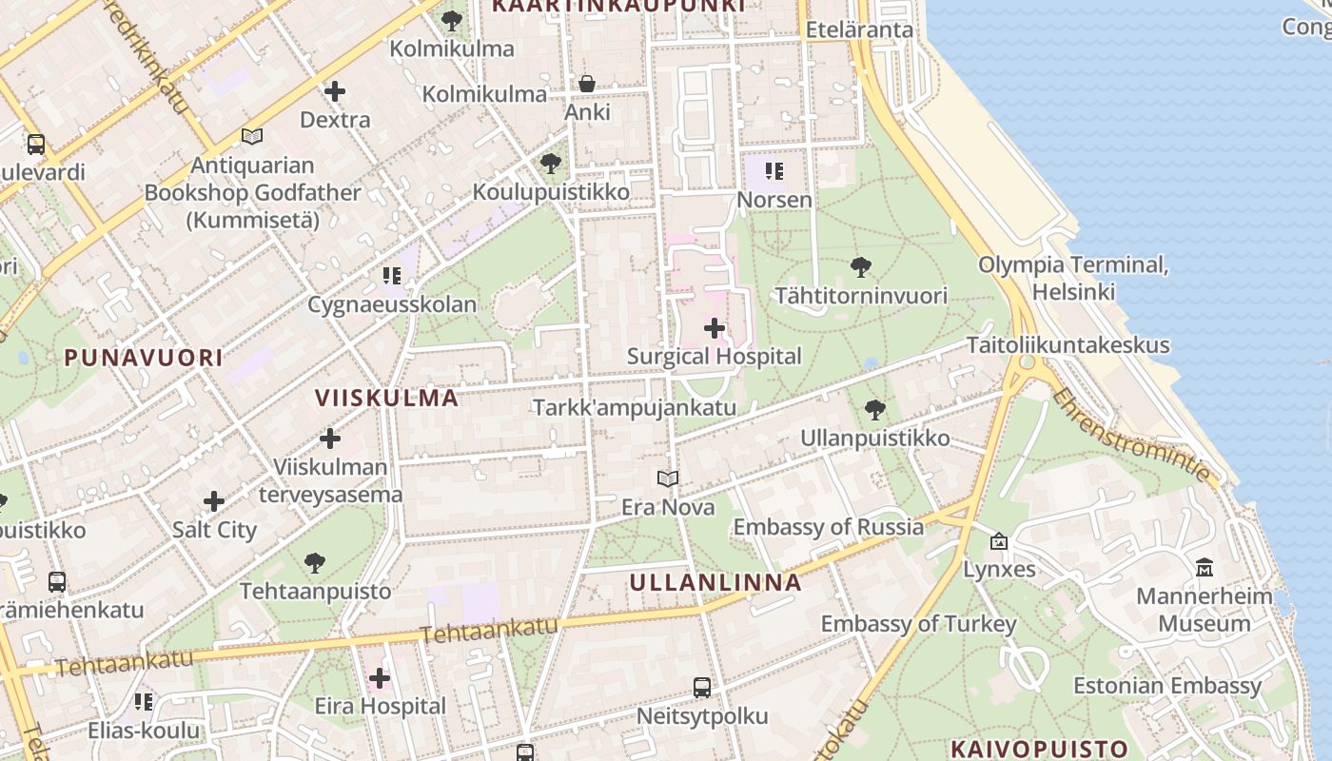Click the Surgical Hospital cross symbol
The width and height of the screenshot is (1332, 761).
pos(715,328)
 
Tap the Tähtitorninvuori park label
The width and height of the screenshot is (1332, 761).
pos(861,296)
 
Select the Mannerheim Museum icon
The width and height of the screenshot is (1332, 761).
pos(1205,568)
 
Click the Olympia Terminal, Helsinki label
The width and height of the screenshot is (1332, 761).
pos(1073,278)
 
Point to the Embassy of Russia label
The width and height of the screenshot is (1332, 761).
pos(828,527)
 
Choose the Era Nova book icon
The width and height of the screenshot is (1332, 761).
pos(668,478)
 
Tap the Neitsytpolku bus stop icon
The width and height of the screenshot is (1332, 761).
pos(702,687)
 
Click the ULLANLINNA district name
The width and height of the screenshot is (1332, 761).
pos(715,582)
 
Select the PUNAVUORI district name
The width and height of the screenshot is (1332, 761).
pos(144,358)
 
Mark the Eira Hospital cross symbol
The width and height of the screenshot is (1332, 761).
pos(380,678)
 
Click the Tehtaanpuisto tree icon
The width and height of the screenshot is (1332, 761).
pos(315,563)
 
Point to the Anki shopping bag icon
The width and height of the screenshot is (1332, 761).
pos(587,84)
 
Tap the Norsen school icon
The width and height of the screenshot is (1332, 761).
pos(774,171)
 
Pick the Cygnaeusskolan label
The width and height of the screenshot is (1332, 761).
pos(392,305)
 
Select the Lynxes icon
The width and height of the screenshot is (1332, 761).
pos(999,541)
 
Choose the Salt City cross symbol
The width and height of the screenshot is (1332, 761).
pos(214,501)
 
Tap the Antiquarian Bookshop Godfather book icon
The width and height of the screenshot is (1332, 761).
pos(252,137)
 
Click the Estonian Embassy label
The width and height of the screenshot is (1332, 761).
pos(1167,686)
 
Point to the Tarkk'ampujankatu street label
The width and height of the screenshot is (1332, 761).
pos(635,408)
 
